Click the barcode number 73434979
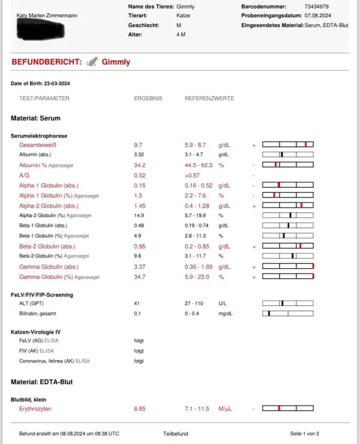(x=316, y=5)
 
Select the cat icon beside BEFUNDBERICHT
(x=92, y=61)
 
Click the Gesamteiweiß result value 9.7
(x=138, y=145)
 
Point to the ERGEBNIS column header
(x=148, y=98)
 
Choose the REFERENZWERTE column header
(x=209, y=98)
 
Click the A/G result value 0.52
(x=139, y=175)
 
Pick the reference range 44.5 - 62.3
(x=198, y=165)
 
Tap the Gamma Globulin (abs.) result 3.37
(x=139, y=266)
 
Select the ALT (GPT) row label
(x=31, y=304)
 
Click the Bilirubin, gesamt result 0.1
(x=137, y=313)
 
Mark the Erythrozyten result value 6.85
(x=140, y=409)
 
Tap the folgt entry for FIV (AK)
(x=139, y=351)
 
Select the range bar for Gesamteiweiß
(x=288, y=145)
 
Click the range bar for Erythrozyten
(x=288, y=409)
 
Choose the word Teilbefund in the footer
(x=175, y=433)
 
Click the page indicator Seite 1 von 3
(x=305, y=433)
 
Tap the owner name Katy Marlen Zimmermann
(x=47, y=14)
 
